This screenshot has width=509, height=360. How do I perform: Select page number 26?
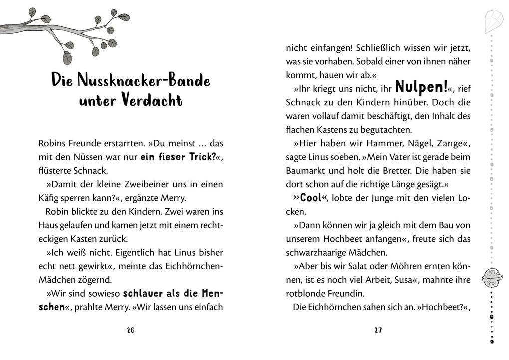tap(131, 330)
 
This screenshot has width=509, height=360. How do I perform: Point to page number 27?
tap(378, 330)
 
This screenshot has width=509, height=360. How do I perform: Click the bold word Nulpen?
tap(421, 88)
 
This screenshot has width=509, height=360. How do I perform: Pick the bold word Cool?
tap(311, 197)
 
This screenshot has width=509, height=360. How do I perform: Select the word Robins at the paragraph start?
tap(51, 143)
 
